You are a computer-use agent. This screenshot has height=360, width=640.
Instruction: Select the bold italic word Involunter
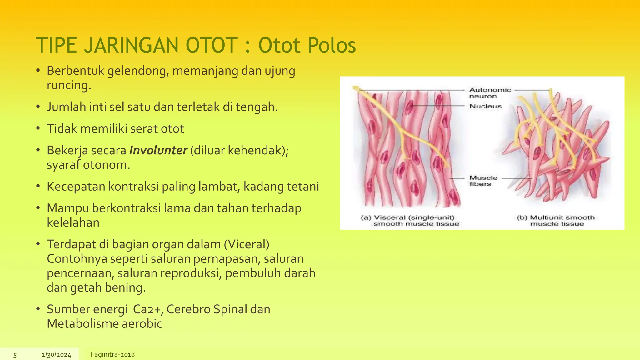point(158,150)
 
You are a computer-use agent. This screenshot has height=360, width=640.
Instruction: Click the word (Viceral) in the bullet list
point(247,244)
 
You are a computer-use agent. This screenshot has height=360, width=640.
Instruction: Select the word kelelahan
point(73,222)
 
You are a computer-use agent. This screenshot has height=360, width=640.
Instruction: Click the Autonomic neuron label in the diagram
point(490,93)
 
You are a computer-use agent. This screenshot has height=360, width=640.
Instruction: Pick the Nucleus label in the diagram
point(485,106)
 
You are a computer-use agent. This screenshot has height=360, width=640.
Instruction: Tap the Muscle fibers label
point(483,181)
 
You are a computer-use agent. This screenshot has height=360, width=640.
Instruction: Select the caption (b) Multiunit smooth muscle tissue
point(556,221)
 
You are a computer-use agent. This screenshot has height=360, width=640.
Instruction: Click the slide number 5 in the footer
point(15,355)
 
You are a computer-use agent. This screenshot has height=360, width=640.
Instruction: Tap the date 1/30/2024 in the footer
point(57,355)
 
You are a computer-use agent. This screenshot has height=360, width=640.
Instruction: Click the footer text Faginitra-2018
point(112,354)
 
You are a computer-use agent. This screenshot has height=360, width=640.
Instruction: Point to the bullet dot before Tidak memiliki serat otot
point(38,128)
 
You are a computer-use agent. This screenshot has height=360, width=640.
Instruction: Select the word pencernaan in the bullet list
point(80,273)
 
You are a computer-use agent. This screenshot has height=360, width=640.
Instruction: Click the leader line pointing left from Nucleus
point(437,106)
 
